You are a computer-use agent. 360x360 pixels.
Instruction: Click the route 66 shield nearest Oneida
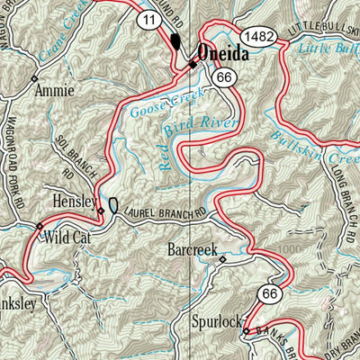(x=224, y=80)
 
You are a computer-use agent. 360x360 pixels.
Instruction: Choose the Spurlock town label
(x=216, y=320)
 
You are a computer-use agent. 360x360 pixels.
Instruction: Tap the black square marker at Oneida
(x=192, y=65)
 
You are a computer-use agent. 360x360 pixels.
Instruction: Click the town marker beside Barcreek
(x=223, y=260)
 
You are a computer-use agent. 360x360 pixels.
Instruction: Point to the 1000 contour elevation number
(x=287, y=248)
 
